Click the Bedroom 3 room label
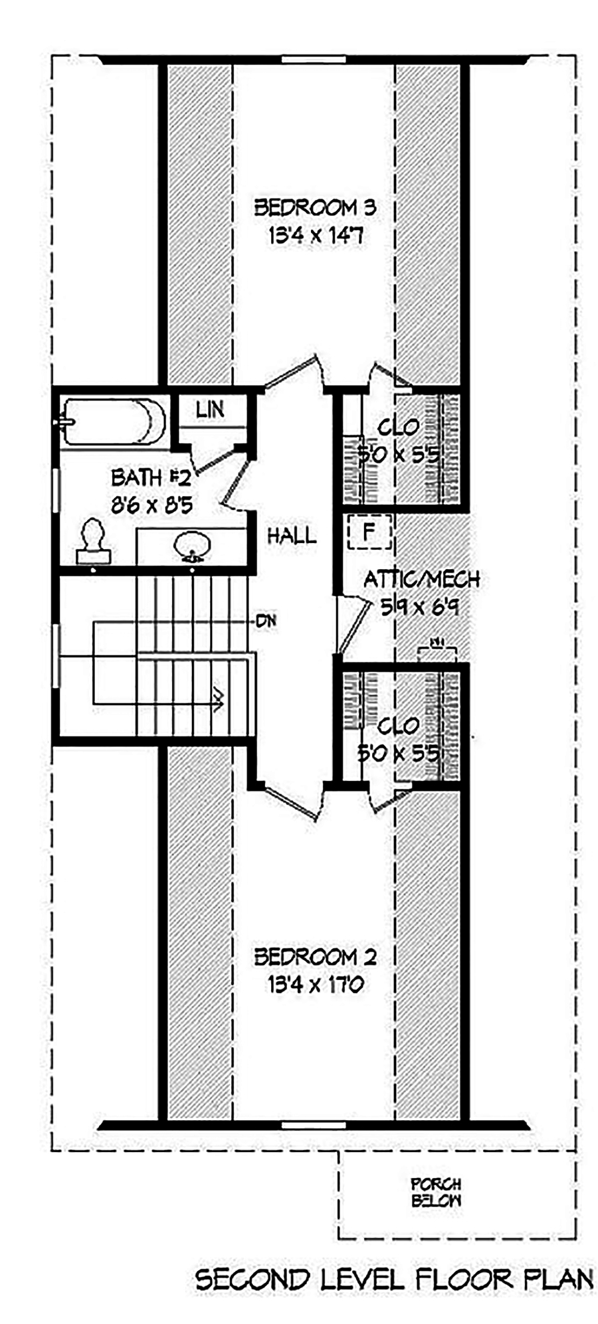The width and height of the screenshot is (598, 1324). [x=315, y=207]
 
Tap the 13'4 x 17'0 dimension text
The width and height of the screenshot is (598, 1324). [x=315, y=984]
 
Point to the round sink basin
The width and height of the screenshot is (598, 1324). [x=191, y=546]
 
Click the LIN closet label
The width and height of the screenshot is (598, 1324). [x=210, y=410]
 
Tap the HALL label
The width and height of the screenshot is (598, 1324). [x=292, y=536]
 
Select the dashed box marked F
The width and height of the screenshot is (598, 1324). [x=369, y=531]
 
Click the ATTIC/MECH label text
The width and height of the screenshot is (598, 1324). [x=421, y=579]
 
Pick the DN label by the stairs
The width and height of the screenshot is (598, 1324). [x=266, y=622]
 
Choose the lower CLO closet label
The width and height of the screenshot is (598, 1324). [x=398, y=726]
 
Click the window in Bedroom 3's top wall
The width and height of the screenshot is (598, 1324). [x=313, y=60]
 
